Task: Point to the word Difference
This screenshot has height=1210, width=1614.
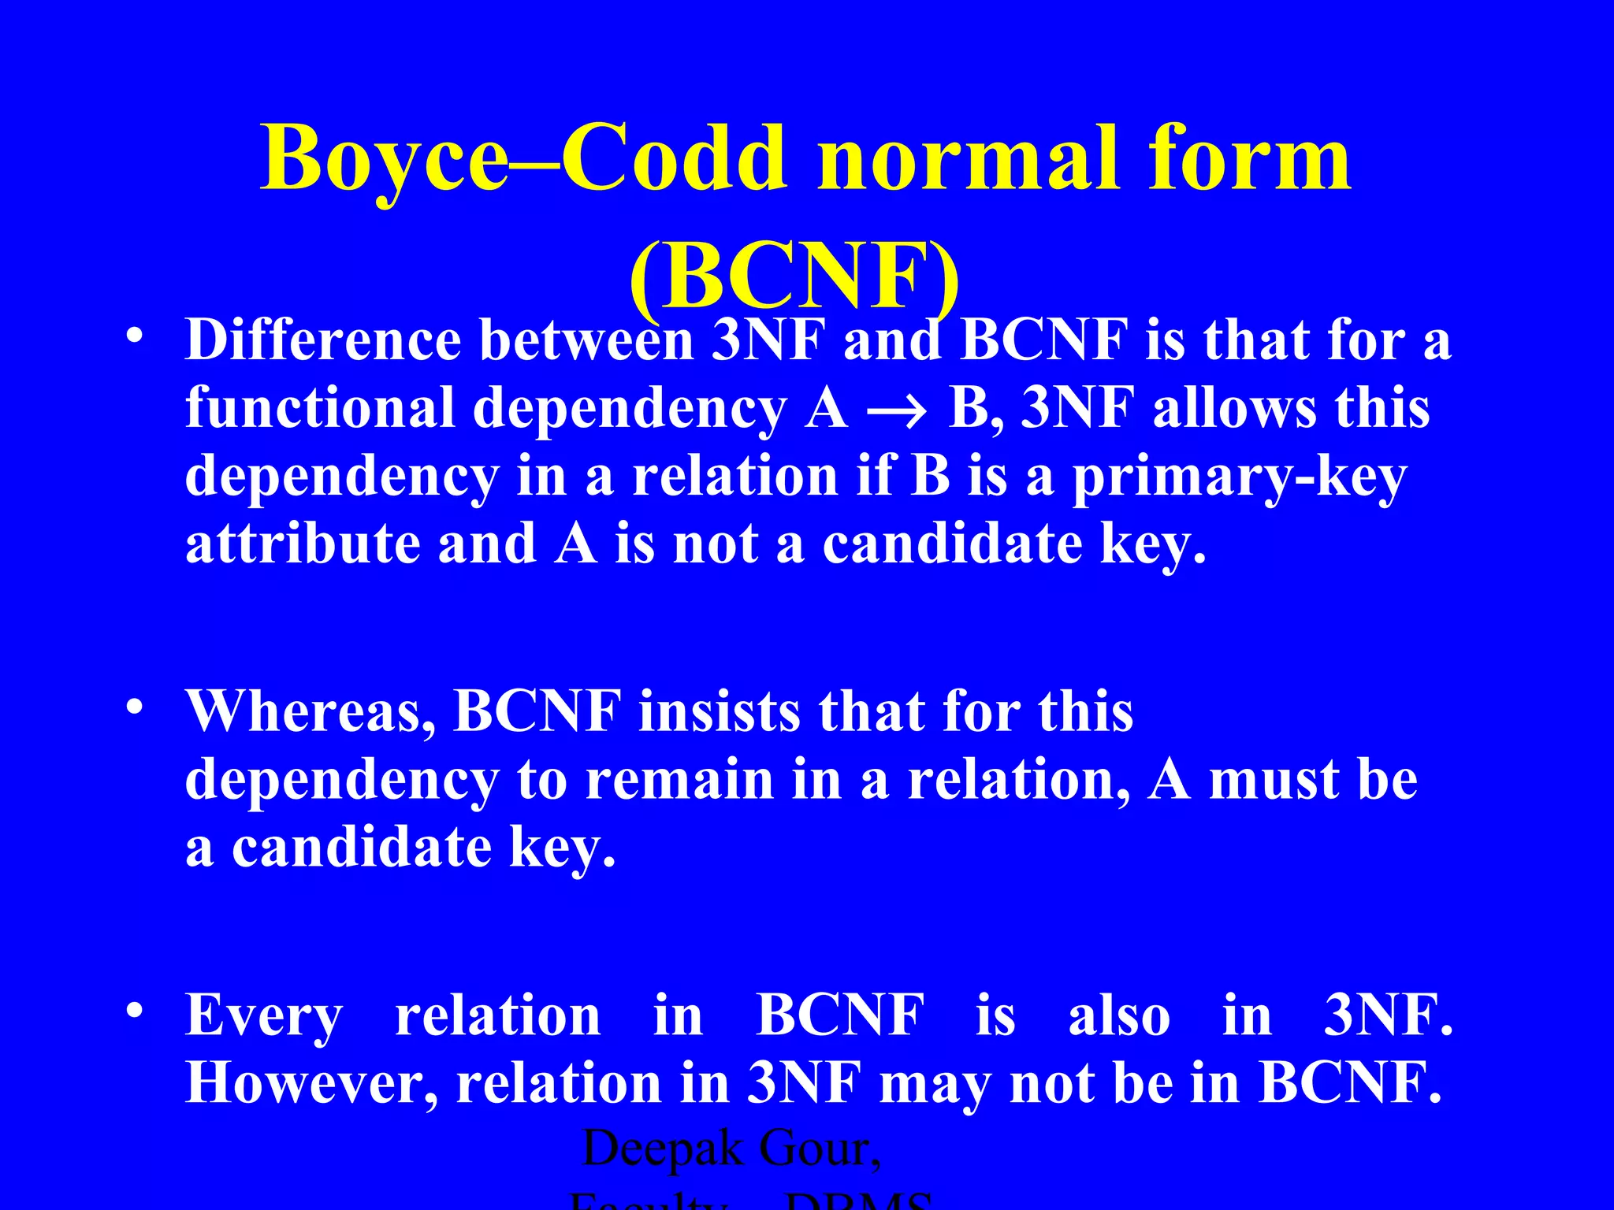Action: tap(323, 341)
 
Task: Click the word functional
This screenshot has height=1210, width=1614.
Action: tap(320, 409)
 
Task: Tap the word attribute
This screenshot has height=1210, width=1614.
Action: tap(303, 545)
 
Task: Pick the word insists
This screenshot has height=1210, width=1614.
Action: tap(719, 712)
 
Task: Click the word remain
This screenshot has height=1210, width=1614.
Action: tap(679, 781)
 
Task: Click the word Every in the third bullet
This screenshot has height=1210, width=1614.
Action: tap(264, 1017)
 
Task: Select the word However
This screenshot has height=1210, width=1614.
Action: tap(311, 1085)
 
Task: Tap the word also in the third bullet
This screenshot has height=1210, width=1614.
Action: tap(1118, 1017)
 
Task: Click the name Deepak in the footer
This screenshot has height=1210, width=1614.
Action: tap(662, 1149)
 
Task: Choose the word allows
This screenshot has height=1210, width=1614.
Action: tap(1234, 409)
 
